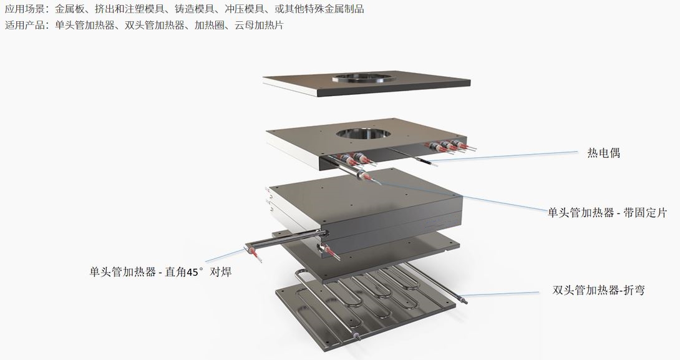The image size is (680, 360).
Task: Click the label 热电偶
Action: pyautogui.click(x=604, y=153)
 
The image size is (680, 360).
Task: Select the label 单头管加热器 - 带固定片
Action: pyautogui.click(x=607, y=213)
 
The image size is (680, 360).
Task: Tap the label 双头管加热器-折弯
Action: pyautogui.click(x=598, y=289)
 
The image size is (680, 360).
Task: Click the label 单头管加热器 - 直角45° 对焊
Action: pyautogui.click(x=160, y=272)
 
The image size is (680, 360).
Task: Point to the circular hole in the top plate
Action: pyautogui.click(x=364, y=79)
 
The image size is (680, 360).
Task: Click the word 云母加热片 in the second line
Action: pyautogui.click(x=259, y=25)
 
